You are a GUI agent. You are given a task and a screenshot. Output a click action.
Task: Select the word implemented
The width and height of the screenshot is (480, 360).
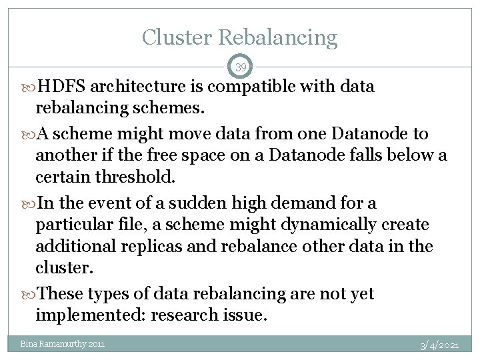(x=89, y=315)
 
